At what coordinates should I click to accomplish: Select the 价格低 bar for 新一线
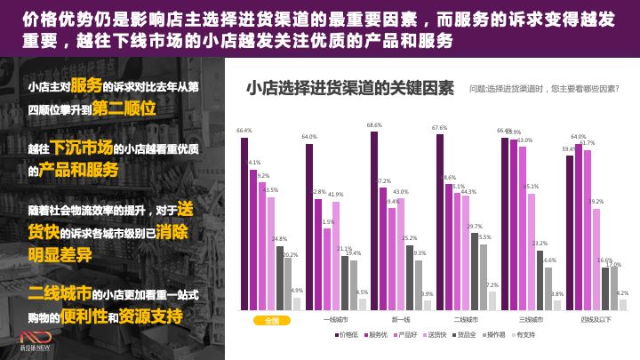click(374, 221)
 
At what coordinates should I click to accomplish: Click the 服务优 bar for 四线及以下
click(579, 228)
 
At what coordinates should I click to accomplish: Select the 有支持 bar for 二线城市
click(492, 300)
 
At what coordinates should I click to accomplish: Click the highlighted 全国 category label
click(271, 320)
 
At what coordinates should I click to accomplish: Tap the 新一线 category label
click(401, 320)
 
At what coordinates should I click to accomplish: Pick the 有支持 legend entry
click(524, 335)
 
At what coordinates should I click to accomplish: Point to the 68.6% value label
click(374, 126)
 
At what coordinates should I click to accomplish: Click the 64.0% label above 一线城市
click(309, 138)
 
